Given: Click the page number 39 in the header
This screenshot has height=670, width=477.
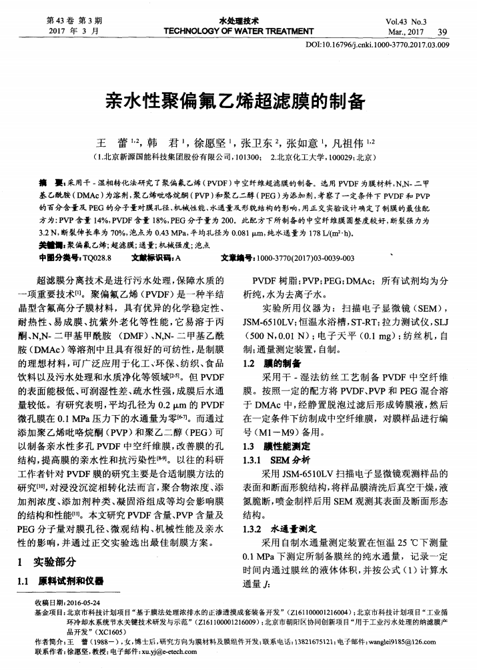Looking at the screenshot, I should [x=443, y=31].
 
